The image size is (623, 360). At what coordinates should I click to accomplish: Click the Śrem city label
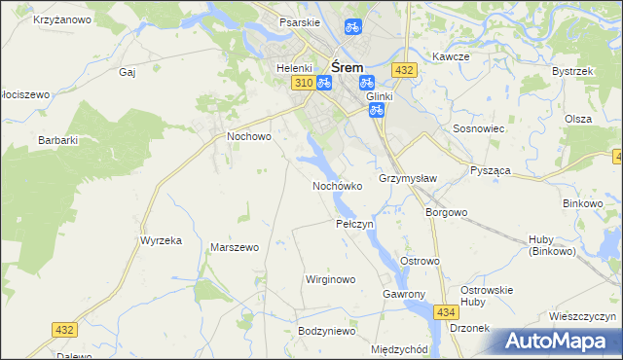point(348,67)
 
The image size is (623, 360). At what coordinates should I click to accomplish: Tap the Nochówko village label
point(337,185)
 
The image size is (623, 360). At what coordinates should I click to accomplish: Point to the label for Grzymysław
point(407,178)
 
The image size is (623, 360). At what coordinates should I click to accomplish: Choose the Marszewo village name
point(235,247)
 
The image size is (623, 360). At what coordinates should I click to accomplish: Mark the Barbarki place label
point(57,140)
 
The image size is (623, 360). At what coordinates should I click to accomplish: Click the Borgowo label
point(447,211)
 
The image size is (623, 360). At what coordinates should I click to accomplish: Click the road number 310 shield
point(302,84)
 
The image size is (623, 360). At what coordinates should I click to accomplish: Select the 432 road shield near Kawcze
point(405,70)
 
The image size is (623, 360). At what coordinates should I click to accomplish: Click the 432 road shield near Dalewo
point(64,331)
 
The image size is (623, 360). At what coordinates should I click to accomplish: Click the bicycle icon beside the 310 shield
point(324,84)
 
